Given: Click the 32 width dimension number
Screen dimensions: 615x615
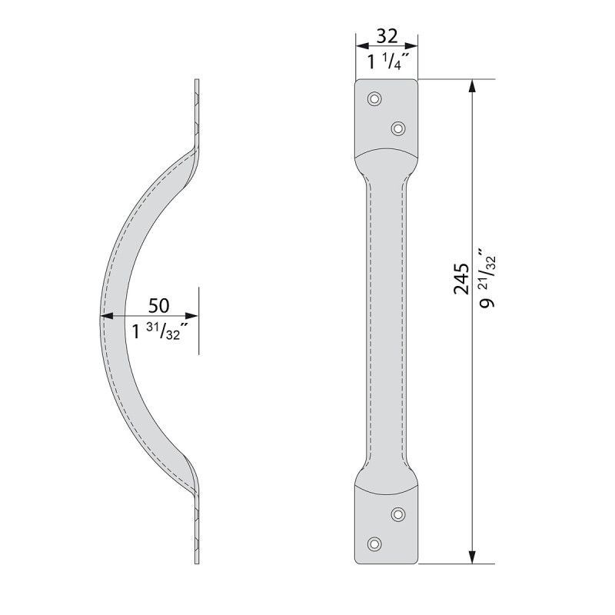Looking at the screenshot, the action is pyautogui.click(x=387, y=36).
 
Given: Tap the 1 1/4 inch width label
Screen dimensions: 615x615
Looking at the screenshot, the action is pyautogui.click(x=387, y=61).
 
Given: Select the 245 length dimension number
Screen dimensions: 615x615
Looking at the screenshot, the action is pyautogui.click(x=462, y=279).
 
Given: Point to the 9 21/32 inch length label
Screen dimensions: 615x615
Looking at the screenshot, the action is pyautogui.click(x=487, y=278).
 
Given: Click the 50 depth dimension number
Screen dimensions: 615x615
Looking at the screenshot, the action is pyautogui.click(x=158, y=305).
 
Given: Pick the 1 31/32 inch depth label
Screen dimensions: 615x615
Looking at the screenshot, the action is pyautogui.click(x=158, y=332).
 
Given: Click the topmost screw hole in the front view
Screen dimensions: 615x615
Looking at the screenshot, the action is pyautogui.click(x=374, y=98).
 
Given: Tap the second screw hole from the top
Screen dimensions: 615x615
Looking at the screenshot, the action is pyautogui.click(x=398, y=128).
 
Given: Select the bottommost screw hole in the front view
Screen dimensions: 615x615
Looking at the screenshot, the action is pyautogui.click(x=374, y=544).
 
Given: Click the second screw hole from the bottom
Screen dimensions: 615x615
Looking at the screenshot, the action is pyautogui.click(x=398, y=514).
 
